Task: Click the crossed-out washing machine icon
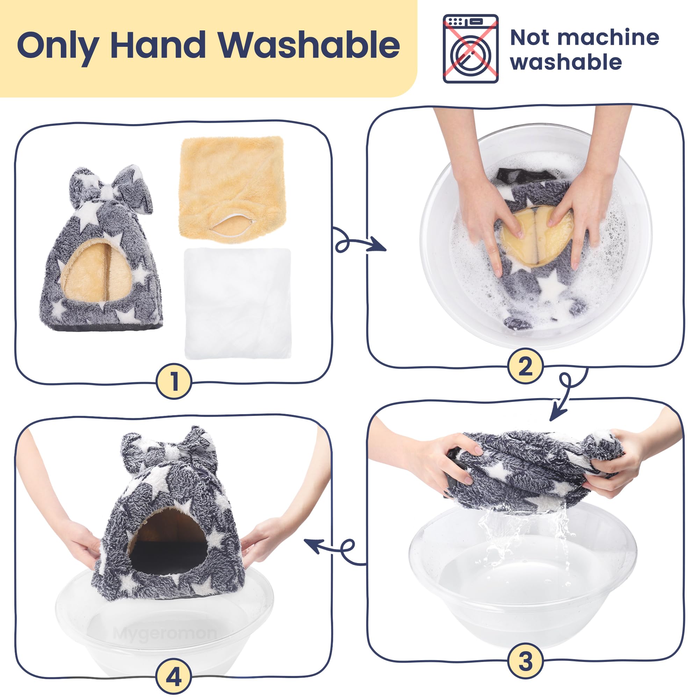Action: (x=471, y=49)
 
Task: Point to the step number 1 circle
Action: (x=174, y=381)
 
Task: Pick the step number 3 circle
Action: (x=525, y=661)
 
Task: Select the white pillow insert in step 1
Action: (x=238, y=303)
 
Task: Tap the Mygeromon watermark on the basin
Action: (x=165, y=633)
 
